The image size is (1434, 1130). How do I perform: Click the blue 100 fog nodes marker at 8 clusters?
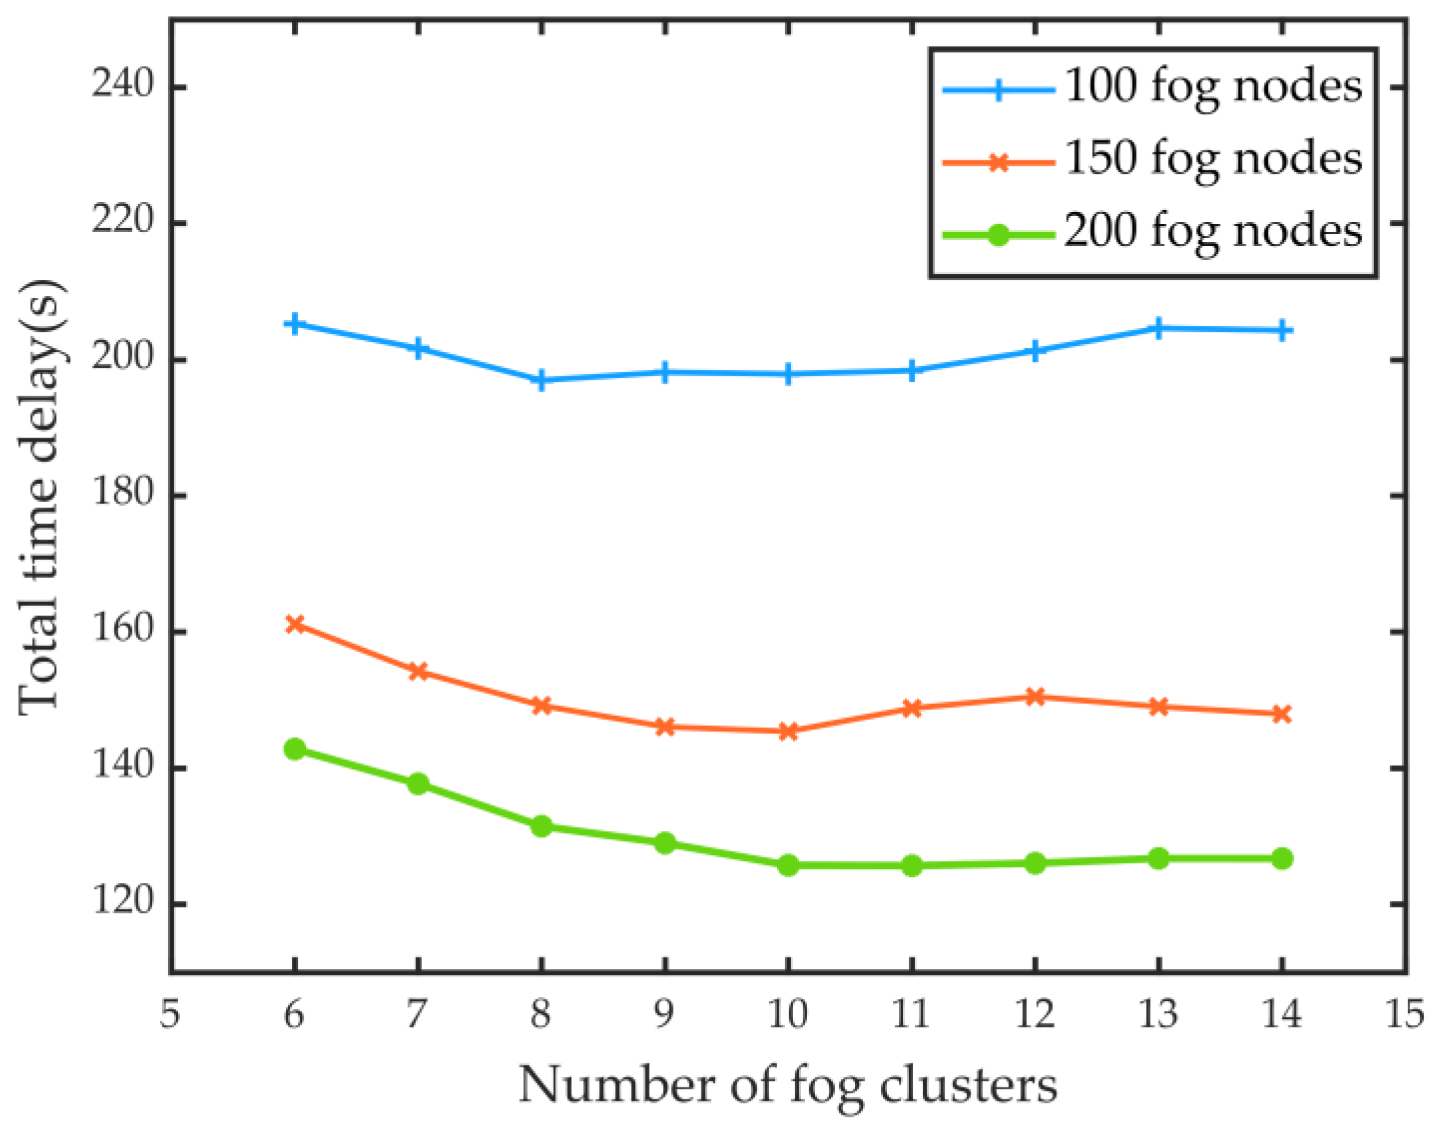coord(541,380)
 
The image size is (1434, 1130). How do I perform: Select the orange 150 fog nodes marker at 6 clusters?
coord(295,624)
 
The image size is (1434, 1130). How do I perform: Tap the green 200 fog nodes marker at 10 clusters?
coord(788,866)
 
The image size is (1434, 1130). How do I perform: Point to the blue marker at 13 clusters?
coord(1158,328)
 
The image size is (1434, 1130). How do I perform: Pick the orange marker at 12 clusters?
coord(1034,697)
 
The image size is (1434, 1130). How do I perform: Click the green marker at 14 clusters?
coord(1282,859)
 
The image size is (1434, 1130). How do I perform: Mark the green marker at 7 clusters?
coord(418,783)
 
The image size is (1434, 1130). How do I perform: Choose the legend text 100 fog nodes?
coord(1213,86)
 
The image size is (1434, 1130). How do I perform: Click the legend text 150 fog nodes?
coord(1213,159)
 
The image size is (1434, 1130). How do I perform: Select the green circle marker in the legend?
coord(998,235)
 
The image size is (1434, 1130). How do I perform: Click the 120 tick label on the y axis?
coord(122,902)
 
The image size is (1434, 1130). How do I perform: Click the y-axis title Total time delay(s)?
coord(41,497)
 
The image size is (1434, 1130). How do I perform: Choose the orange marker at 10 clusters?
coord(788,732)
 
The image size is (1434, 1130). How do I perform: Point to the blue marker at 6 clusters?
coord(295,324)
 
